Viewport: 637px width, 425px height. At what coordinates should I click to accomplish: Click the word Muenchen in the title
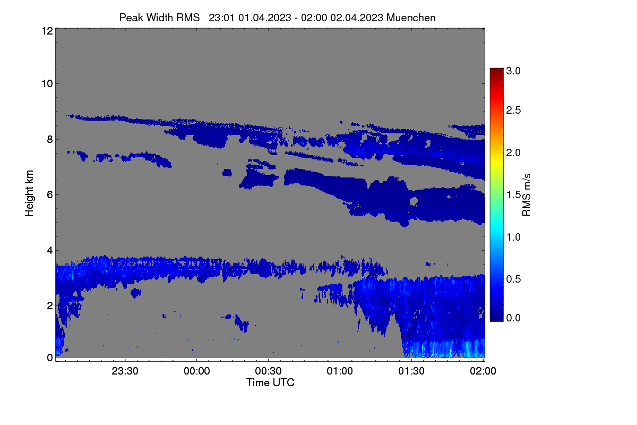(411, 18)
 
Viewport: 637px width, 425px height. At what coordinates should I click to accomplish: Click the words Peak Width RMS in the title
(159, 18)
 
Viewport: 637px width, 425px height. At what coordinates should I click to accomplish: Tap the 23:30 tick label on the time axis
(125, 371)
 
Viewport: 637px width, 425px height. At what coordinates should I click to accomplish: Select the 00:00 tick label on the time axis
(197, 371)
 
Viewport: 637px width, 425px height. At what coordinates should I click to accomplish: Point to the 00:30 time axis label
(268, 371)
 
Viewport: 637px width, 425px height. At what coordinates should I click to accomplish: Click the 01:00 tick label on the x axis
(340, 371)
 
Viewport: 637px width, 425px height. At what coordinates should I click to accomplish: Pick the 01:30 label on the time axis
(411, 371)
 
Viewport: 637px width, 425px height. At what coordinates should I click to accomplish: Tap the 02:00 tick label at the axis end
(483, 371)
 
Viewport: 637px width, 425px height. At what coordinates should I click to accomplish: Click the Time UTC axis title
(270, 382)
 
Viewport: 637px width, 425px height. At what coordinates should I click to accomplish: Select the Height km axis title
(29, 193)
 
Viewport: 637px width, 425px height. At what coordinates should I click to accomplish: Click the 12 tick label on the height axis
(47, 31)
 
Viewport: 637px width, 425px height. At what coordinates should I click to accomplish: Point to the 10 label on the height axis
(47, 84)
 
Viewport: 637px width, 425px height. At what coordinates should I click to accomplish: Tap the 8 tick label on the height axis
(50, 139)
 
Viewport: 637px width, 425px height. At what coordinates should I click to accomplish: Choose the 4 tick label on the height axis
(50, 251)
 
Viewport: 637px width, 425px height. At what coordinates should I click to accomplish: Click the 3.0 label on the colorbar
(513, 71)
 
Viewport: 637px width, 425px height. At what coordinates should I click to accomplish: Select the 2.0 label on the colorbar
(513, 153)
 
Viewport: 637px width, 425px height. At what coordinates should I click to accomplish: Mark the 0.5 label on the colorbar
(513, 279)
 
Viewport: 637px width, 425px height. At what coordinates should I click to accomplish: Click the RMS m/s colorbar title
(527, 195)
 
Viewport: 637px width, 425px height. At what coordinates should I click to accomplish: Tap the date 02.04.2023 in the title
(357, 18)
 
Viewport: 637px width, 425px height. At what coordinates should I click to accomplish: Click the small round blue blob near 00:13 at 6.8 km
(227, 173)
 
